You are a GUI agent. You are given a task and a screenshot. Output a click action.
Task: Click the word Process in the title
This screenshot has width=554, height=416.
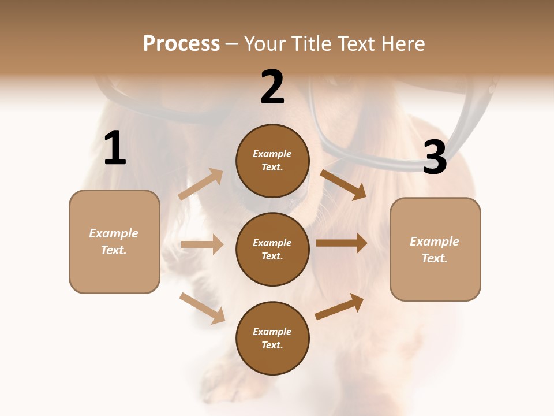tap(181, 44)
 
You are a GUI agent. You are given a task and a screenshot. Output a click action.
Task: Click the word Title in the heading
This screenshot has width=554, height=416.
tap(311, 44)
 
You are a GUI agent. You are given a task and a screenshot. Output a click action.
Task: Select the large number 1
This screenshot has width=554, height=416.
tap(115, 148)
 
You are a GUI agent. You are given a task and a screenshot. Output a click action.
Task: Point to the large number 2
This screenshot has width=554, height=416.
tap(272, 87)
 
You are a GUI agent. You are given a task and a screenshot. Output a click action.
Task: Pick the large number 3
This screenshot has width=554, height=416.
tap(435, 158)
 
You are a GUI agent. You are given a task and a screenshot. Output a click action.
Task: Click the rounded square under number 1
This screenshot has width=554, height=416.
tap(114, 242)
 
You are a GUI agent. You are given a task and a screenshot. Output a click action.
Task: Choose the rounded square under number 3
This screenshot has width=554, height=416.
tap(435, 249)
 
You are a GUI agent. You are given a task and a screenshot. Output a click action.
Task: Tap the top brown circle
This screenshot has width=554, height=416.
tap(272, 161)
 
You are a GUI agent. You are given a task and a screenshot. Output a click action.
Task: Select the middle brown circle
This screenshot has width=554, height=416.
tap(272, 249)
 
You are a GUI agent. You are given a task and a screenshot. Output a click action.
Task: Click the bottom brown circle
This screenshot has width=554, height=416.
tap(272, 338)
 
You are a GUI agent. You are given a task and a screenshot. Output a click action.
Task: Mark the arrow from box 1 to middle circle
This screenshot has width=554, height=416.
tap(202, 244)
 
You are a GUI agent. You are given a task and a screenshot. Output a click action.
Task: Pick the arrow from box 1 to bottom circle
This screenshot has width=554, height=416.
tap(202, 308)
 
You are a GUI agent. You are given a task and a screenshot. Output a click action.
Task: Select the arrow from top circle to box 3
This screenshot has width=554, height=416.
tap(343, 184)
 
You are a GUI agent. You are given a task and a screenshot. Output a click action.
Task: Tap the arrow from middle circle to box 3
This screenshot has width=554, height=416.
tap(341, 243)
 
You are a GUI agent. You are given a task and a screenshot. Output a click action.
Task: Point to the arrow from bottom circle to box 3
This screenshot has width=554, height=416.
tap(340, 307)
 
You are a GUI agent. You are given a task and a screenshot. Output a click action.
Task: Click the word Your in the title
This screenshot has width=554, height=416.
tap(266, 44)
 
